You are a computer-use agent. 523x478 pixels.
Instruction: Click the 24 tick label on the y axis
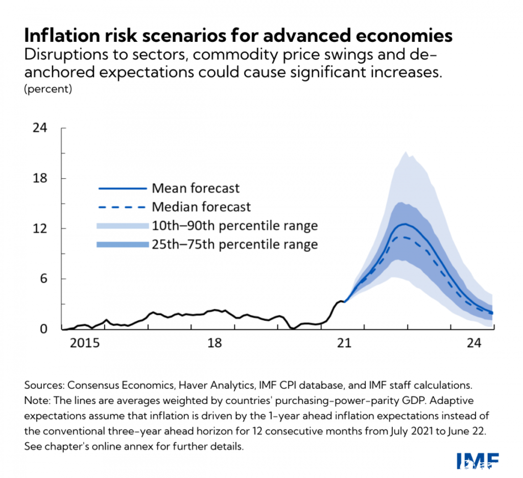(x=40, y=128)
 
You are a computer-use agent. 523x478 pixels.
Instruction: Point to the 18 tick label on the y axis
(x=40, y=178)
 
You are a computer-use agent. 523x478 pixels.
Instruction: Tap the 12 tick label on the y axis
(x=40, y=228)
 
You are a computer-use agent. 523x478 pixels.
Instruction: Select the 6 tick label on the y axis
(x=43, y=279)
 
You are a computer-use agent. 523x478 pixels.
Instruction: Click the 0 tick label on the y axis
(x=43, y=329)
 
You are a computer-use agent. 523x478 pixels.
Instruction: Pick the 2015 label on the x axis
(x=84, y=344)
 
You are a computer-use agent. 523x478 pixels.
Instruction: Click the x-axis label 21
(x=345, y=344)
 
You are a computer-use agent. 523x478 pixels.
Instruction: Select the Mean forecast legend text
(x=196, y=188)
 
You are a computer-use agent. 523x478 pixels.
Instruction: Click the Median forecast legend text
(x=201, y=207)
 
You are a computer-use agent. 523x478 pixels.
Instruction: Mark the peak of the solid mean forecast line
(x=405, y=224)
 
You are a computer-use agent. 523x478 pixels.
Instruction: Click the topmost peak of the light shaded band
(x=405, y=152)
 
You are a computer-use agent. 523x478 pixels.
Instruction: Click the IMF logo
(x=477, y=461)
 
